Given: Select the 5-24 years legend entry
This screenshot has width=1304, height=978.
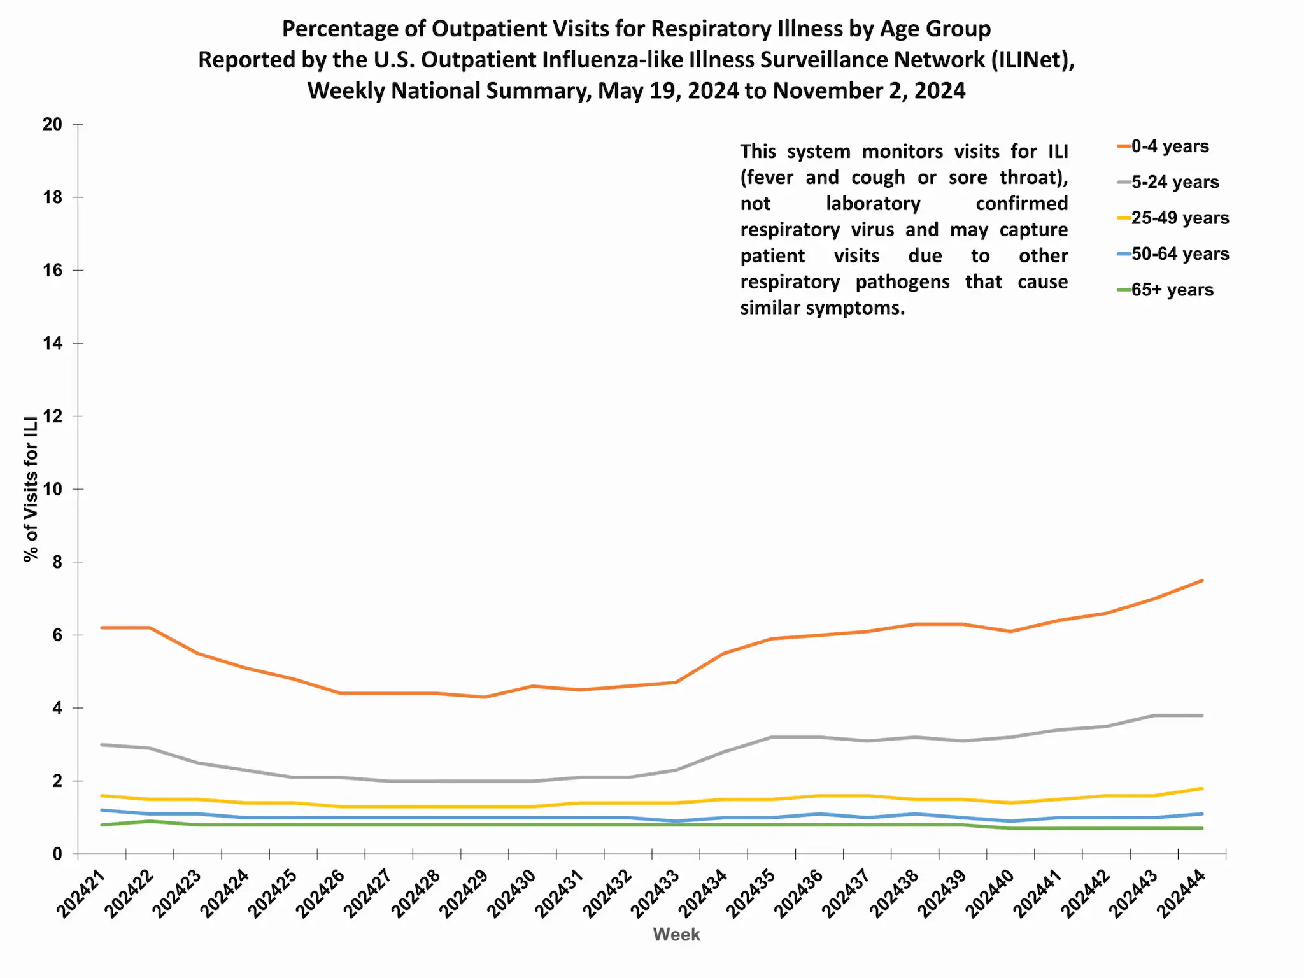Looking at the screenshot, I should point(1174,182).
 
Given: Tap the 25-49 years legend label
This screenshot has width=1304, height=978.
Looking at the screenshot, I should point(1179,218).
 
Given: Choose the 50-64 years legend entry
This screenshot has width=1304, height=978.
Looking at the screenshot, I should point(1179,254).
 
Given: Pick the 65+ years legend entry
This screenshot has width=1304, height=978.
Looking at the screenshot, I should point(1172,290).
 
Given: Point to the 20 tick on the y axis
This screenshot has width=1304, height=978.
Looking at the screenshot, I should point(53,125).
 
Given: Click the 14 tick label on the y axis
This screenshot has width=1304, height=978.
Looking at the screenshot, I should point(53,344).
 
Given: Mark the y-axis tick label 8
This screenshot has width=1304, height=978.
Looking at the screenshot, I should point(57,562).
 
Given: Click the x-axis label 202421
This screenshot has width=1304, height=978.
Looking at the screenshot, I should point(81,895).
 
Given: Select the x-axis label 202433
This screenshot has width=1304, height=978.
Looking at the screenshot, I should point(656,895).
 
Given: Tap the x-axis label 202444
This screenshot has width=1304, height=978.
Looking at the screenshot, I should point(1182,895).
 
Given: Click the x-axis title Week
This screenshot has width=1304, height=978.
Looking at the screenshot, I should point(676,935).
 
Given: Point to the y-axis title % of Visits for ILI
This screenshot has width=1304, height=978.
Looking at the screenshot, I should point(31,489).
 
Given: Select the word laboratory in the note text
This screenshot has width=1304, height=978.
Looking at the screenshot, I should point(873,204).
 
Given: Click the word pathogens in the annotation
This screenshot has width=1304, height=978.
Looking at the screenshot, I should point(902,282).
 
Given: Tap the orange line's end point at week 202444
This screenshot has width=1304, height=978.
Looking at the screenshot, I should point(1201,580).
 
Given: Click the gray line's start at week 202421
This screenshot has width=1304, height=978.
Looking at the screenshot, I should point(102,744).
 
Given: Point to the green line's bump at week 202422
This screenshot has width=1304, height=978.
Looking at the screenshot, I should point(150,821).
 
